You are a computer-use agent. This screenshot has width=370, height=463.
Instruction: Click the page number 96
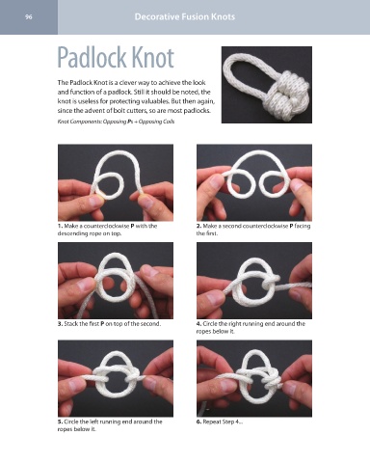click(x=29, y=17)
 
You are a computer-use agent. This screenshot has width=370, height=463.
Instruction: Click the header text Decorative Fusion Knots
click(x=185, y=16)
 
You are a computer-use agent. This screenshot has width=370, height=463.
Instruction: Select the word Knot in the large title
click(x=152, y=57)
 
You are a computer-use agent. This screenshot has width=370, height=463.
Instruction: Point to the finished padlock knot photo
click(x=267, y=85)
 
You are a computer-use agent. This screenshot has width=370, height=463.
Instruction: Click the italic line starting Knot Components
click(x=116, y=122)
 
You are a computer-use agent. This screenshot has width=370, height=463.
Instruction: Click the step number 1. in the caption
click(x=60, y=226)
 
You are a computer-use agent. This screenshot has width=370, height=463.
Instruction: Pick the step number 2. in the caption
click(x=198, y=226)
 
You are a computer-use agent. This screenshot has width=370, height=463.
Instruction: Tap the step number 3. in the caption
click(x=60, y=324)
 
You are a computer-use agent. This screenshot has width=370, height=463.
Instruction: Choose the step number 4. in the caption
click(x=198, y=324)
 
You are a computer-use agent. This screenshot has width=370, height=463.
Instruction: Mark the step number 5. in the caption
click(x=60, y=422)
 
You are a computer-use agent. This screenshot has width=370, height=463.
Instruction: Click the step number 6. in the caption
click(x=198, y=422)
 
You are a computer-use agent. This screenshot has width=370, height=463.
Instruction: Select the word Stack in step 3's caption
click(x=70, y=324)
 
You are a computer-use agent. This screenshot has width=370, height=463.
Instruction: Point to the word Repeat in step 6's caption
click(x=211, y=422)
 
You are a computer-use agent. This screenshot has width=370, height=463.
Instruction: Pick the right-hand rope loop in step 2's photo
click(x=276, y=184)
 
